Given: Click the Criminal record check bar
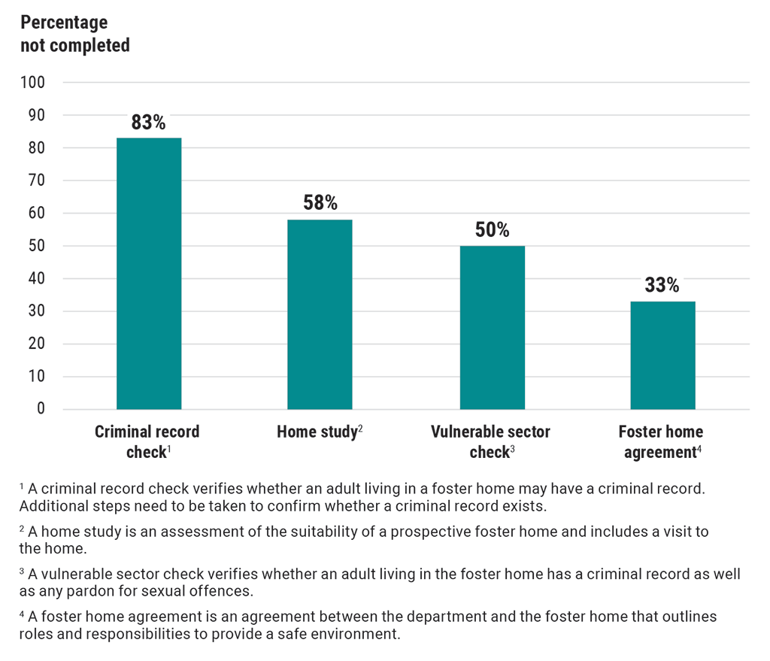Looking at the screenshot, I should point(149,274).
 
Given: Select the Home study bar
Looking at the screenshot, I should point(320,314).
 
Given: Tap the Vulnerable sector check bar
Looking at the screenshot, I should point(492,328).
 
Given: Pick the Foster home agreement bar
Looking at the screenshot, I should point(662,355).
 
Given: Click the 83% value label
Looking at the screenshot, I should point(149,123).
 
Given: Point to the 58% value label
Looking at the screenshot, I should point(320,203).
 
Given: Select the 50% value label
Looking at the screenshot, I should point(492,229).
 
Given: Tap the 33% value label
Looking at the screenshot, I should point(662,285).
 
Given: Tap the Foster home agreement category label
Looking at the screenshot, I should point(661,442).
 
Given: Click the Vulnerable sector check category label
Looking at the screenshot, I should point(490,442).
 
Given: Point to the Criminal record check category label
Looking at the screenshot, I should point(147,442).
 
